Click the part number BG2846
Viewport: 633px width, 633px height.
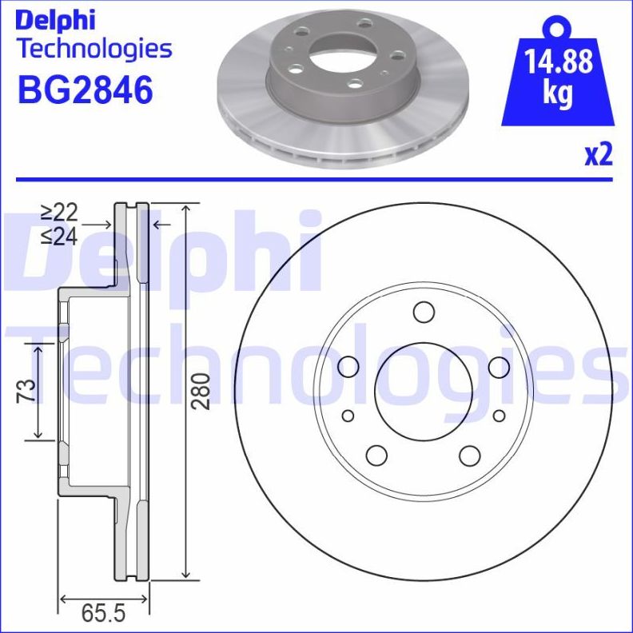pyautogui.click(x=85, y=91)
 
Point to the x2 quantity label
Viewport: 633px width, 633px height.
pyautogui.click(x=598, y=155)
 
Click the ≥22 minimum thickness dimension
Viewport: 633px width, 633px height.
pyautogui.click(x=59, y=213)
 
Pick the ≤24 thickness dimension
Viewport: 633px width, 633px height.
pyautogui.click(x=59, y=237)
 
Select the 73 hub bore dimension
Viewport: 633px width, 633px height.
pyautogui.click(x=27, y=390)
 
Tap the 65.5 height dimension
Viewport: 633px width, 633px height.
pyautogui.click(x=104, y=614)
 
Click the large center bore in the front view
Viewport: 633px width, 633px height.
pyautogui.click(x=423, y=391)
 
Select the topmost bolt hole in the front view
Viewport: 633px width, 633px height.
pyautogui.click(x=423, y=311)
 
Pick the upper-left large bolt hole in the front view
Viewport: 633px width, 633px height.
pyautogui.click(x=348, y=367)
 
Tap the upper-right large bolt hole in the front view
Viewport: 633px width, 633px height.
pyautogui.click(x=499, y=367)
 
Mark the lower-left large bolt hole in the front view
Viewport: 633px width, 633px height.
pyautogui.click(x=376, y=455)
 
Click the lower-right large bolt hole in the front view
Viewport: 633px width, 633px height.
pyautogui.click(x=470, y=455)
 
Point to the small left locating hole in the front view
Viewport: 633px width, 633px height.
pyautogui.click(x=348, y=416)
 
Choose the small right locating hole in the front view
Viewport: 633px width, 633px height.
pyautogui.click(x=499, y=416)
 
